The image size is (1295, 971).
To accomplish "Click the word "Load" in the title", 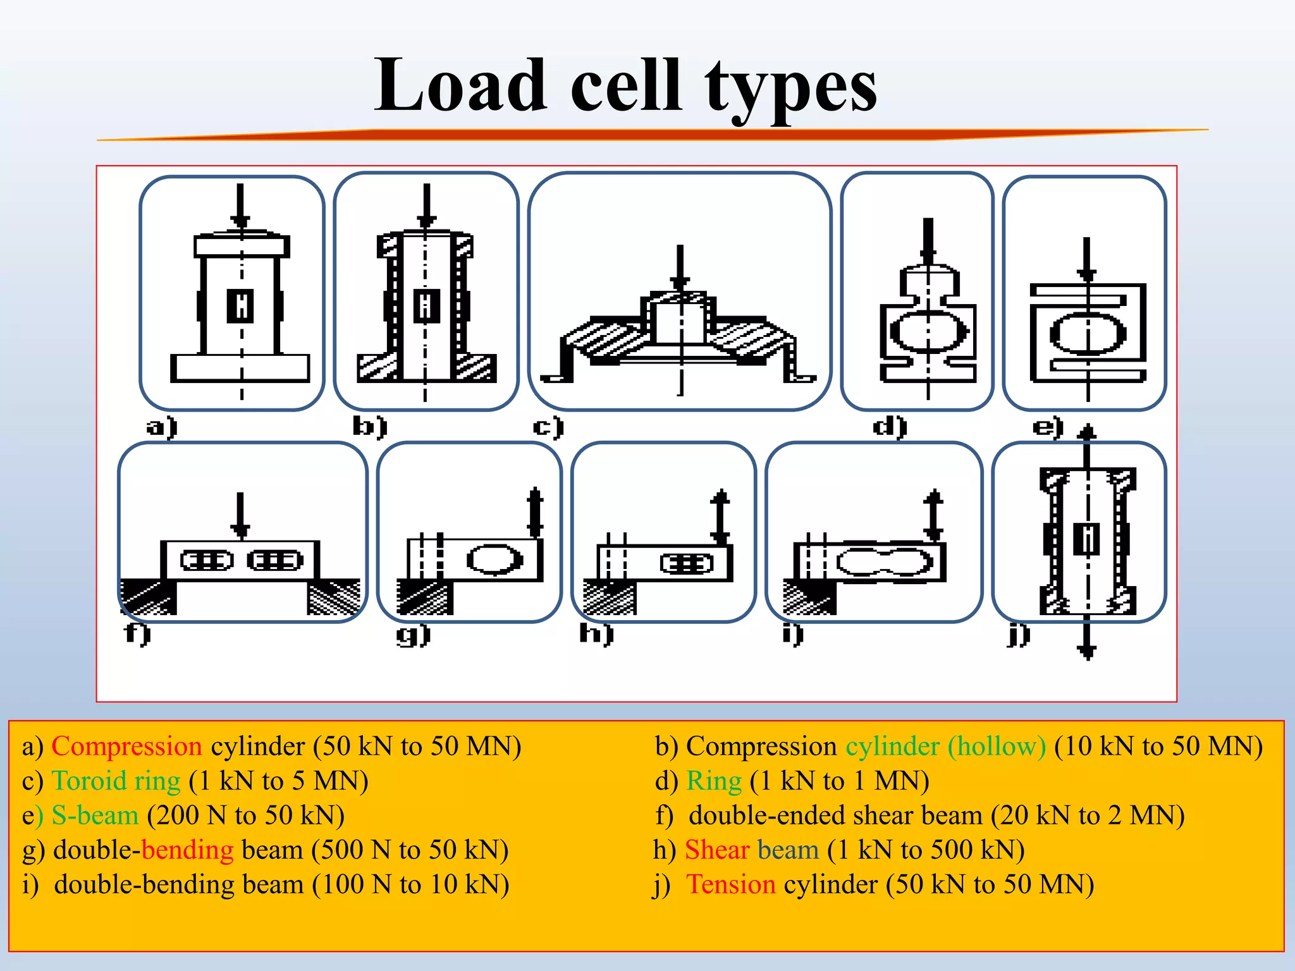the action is tap(460, 85).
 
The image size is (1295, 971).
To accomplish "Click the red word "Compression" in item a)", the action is tap(126, 747).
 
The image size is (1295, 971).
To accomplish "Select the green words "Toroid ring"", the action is tap(116, 781).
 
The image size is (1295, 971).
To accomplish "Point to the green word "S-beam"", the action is tap(95, 815).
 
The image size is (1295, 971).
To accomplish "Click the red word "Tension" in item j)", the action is tap(731, 884).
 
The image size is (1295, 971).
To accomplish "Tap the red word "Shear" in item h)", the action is tap(717, 850).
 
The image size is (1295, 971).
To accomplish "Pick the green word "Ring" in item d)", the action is tap(714, 781).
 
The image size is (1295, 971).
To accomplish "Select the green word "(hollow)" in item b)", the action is tap(997, 747).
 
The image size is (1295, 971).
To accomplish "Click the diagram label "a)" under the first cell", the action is tap(162, 427).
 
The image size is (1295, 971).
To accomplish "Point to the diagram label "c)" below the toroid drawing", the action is tap(548, 427).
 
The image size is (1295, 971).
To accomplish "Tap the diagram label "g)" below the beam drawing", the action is tap(414, 635).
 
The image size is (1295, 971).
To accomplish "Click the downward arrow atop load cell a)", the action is tap(240, 205).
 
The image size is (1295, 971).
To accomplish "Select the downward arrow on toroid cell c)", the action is tap(680, 268).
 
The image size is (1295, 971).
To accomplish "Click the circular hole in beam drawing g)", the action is tap(494, 559).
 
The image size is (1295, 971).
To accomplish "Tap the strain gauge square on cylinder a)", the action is tap(240, 305).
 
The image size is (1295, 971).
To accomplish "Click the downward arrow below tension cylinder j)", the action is tap(1087, 638).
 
